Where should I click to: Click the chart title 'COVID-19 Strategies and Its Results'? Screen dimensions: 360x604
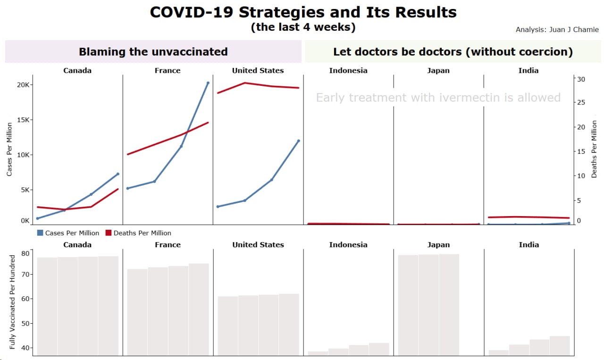(303, 12)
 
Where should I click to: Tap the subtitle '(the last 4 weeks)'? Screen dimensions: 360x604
(303, 27)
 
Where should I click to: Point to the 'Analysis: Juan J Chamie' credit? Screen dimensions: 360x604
(557, 30)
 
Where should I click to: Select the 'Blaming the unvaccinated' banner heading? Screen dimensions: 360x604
(153, 51)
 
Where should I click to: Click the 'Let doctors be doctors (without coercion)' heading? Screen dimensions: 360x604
(453, 51)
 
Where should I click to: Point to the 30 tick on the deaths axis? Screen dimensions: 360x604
(582, 79)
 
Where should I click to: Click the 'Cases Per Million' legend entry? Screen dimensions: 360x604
(68, 233)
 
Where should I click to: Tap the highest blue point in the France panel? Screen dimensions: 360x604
(208, 83)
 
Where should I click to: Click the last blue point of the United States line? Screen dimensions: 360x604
(298, 141)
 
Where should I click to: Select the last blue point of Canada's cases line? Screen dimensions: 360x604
(117, 174)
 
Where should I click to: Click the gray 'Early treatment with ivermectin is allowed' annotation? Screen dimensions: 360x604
(438, 98)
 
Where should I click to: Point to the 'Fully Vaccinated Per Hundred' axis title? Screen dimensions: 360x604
(13, 302)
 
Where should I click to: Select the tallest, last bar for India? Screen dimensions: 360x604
(560, 345)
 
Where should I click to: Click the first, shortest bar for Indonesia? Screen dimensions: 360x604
(318, 353)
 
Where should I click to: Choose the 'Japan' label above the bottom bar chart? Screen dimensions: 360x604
(438, 245)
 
